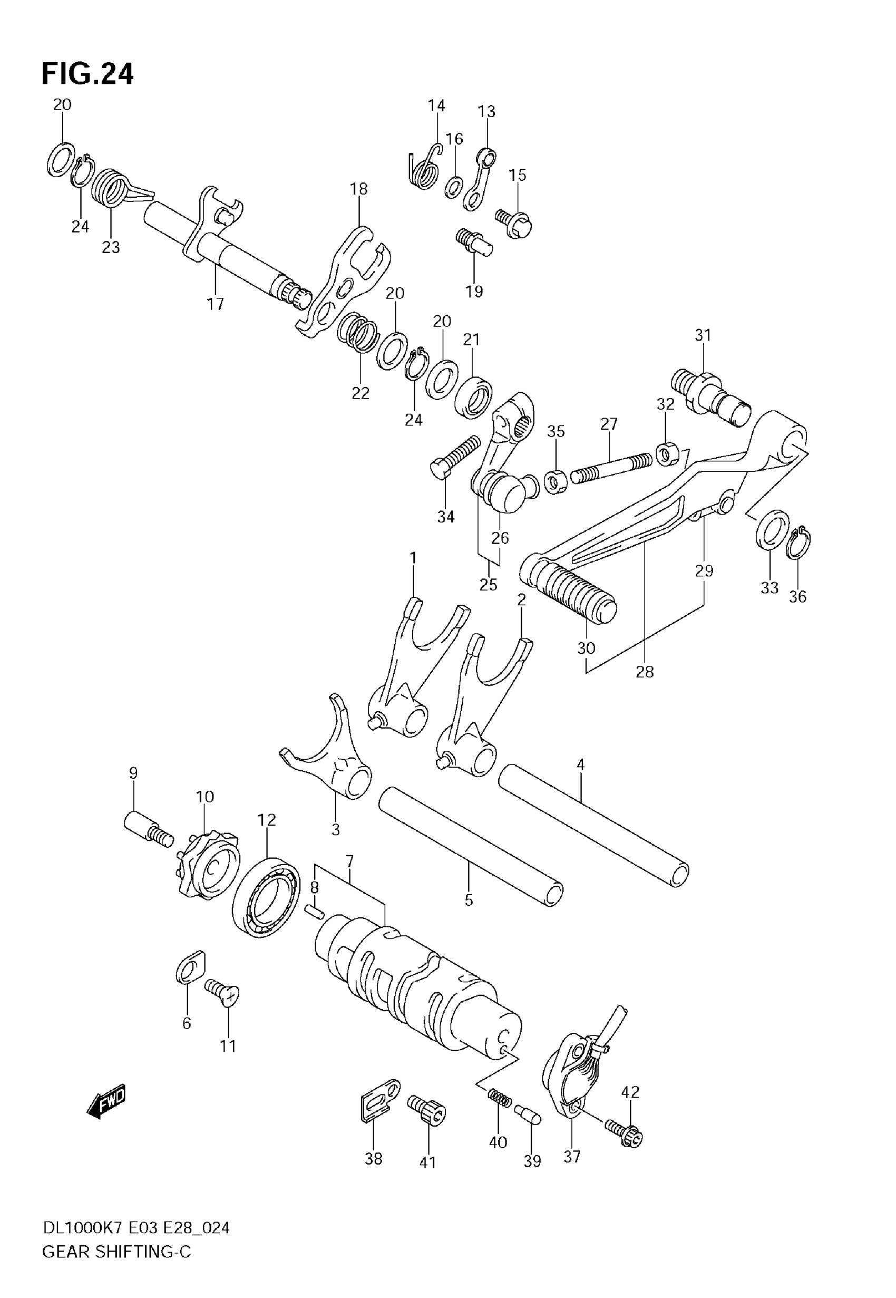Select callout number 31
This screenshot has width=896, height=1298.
pos(703,335)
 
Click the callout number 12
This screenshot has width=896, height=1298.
pos(267,820)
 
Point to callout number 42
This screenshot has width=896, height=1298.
pos(630,1092)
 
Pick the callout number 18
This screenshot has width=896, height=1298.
pos(359,189)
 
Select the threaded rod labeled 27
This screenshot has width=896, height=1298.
pos(611,468)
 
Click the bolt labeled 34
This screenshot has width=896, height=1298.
pos(455,458)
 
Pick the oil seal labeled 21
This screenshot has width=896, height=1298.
pos(473,398)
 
